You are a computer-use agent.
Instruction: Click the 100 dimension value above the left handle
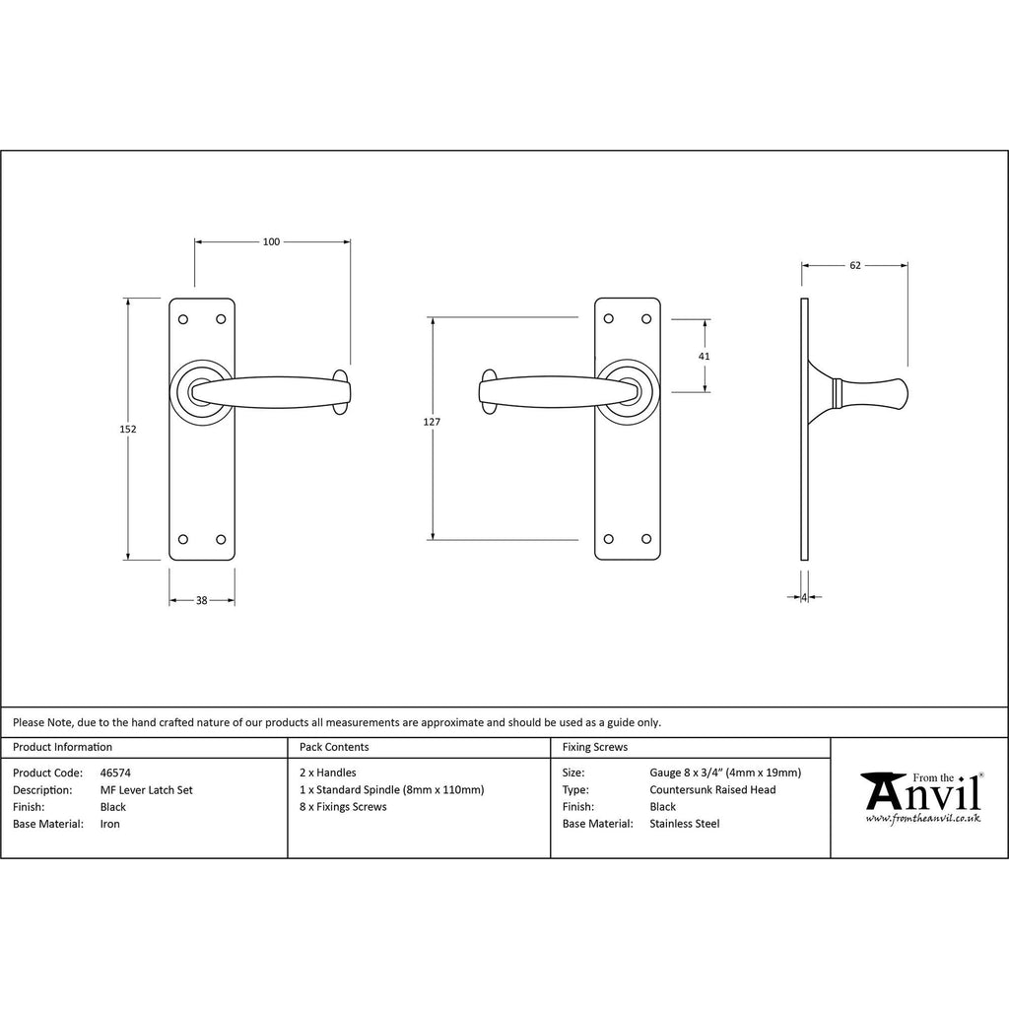click(271, 242)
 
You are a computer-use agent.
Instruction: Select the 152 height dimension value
click(128, 430)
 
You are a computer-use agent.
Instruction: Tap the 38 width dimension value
click(201, 600)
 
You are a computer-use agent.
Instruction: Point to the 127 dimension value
click(432, 422)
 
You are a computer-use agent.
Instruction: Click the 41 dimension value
click(704, 357)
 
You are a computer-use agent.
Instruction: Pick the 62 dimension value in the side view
click(854, 265)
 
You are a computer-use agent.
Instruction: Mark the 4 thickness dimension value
click(804, 598)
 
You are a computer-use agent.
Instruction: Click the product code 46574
click(115, 773)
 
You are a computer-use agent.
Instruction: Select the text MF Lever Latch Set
click(146, 790)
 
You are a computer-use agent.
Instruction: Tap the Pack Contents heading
click(334, 747)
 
